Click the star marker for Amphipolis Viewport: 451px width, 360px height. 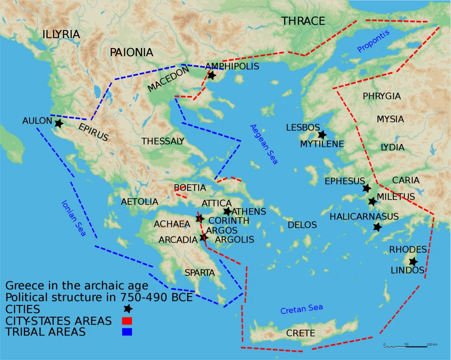point(211,75)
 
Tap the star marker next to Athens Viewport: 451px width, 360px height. point(227,212)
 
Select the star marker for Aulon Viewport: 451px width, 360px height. point(59,123)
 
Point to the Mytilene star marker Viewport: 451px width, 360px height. point(322,135)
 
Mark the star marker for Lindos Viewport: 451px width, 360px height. point(413,261)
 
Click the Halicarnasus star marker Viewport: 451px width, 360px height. point(377,227)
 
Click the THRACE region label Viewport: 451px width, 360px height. point(303,21)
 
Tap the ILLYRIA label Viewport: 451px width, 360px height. point(61,34)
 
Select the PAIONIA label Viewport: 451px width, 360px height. point(131,52)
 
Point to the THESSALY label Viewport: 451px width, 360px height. point(163,141)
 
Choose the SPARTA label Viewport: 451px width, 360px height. point(200,272)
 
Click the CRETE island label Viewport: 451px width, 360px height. point(300,333)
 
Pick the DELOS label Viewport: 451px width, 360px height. point(302,225)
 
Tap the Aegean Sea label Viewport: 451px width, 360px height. point(264,144)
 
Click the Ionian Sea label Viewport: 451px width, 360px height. point(73,219)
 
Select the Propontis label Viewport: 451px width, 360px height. point(373,41)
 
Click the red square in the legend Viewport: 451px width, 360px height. point(127,321)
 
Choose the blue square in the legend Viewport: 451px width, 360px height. point(127,332)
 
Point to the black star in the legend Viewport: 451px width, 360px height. point(128,309)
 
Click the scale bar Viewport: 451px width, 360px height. point(405,347)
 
